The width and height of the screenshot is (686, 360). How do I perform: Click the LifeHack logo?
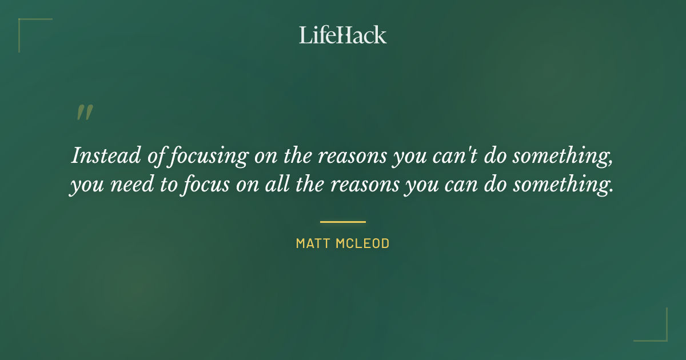coord(343,35)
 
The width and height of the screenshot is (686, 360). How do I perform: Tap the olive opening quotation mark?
coord(84,113)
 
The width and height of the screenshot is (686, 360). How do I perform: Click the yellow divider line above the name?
coord(343,222)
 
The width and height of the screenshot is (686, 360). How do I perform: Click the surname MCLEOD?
coord(363,243)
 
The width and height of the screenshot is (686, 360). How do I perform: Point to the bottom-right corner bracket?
coord(657,331)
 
